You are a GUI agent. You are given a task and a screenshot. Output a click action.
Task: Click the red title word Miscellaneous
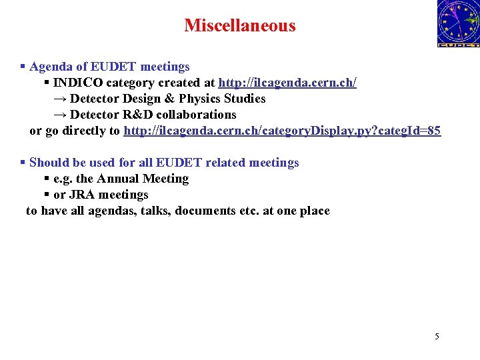239,25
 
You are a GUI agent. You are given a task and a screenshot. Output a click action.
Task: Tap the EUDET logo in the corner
458,24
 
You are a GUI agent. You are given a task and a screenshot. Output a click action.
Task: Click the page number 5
437,336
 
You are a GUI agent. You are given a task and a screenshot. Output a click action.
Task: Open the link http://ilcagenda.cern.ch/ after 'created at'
287,83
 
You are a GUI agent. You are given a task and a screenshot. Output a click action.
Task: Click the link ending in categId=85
282,131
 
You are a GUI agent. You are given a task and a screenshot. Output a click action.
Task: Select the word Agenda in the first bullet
49,67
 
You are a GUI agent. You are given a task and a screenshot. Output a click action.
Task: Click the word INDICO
76,83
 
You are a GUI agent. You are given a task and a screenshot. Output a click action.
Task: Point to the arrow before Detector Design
59,99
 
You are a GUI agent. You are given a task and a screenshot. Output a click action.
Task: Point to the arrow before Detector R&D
59,115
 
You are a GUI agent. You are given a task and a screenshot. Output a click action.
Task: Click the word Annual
119,179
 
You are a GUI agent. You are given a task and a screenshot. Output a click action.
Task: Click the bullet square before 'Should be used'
23,163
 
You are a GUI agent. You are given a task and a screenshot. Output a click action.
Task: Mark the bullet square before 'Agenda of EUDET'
23,67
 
